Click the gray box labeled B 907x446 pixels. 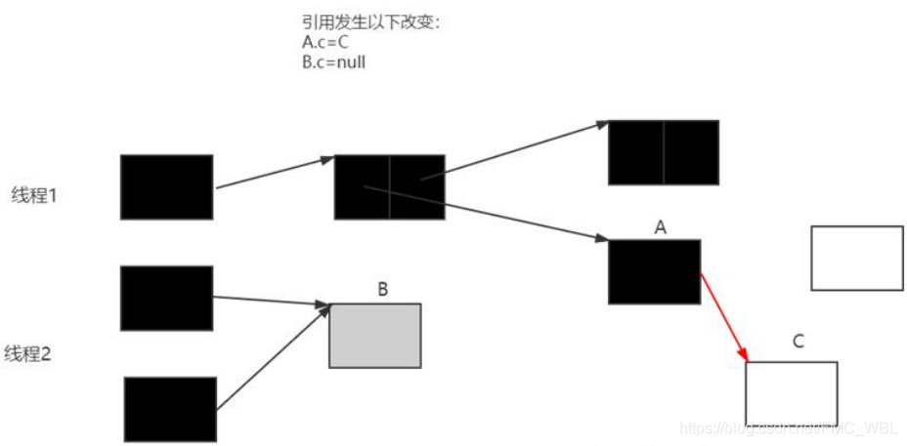(374, 335)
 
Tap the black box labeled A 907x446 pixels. (654, 271)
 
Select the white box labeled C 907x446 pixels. (791, 393)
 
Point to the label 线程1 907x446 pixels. (35, 194)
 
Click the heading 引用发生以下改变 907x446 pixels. (371, 21)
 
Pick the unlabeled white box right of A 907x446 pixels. (857, 258)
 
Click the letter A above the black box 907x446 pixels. (660, 227)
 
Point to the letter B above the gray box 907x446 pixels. (382, 289)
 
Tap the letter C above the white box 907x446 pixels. (798, 342)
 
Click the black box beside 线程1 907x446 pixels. (166, 186)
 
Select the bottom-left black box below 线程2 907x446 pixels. (170, 409)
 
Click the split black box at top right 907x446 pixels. (664, 152)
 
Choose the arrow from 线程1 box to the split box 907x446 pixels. (274, 172)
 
